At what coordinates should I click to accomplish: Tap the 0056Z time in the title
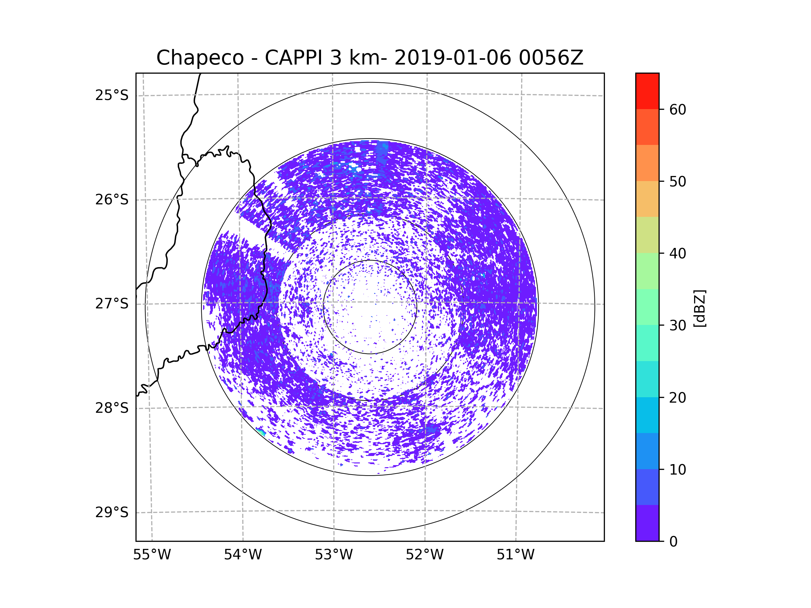click(551, 58)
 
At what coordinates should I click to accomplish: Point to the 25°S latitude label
click(112, 95)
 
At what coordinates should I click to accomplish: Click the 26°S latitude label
click(112, 200)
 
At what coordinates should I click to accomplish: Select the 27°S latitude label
click(112, 304)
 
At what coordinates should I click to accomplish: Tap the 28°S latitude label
click(112, 408)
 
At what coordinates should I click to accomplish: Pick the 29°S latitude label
click(112, 512)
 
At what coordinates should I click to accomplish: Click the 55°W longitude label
click(152, 555)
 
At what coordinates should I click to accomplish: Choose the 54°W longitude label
click(243, 555)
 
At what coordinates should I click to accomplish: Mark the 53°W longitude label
click(334, 555)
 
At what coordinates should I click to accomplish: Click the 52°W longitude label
click(424, 555)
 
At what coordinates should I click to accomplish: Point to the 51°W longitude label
click(515, 555)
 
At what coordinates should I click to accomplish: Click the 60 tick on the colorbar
click(678, 109)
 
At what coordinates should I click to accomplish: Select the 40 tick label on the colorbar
click(678, 254)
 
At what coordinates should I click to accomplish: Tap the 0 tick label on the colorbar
click(673, 542)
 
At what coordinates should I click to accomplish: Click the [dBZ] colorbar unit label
click(699, 308)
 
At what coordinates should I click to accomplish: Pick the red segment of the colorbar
click(647, 91)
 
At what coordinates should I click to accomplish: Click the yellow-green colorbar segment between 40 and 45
click(647, 235)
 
